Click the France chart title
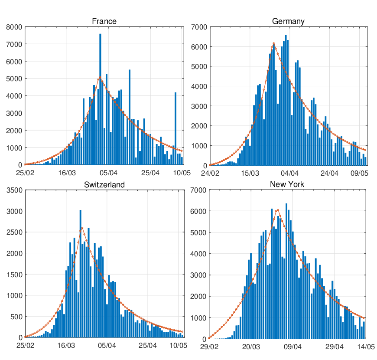coord(104,21)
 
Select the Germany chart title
coord(288,21)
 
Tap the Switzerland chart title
coord(104,185)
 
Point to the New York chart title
coord(287,184)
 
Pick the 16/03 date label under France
coord(67,173)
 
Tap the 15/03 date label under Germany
coord(250,173)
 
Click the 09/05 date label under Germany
coord(359,173)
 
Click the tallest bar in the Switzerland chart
coord(81,273)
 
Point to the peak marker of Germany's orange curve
coord(274,43)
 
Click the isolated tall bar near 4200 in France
coord(175,128)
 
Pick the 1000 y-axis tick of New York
coord(199,318)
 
